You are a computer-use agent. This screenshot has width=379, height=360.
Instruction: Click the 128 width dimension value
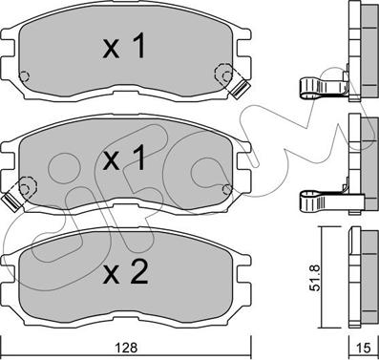point(126,348)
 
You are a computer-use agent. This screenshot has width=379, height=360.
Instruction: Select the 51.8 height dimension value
point(316,278)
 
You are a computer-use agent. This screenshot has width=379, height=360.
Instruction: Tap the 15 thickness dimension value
point(365,348)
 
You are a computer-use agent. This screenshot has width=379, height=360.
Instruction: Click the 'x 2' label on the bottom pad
point(125,271)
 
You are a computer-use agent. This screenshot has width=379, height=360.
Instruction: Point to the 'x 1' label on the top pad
point(124,47)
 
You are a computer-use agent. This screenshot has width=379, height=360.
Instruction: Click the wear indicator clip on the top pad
point(241,88)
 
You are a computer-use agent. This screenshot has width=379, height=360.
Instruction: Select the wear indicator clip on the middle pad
point(11,202)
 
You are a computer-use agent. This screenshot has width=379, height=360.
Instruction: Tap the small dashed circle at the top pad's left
point(24,76)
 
